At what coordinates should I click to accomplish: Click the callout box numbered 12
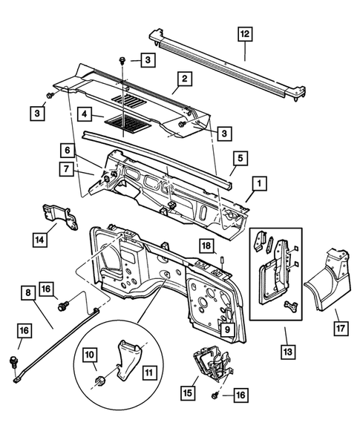tap(245, 33)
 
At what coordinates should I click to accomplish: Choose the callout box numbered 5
tap(240, 157)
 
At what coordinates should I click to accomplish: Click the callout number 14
tap(39, 240)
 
